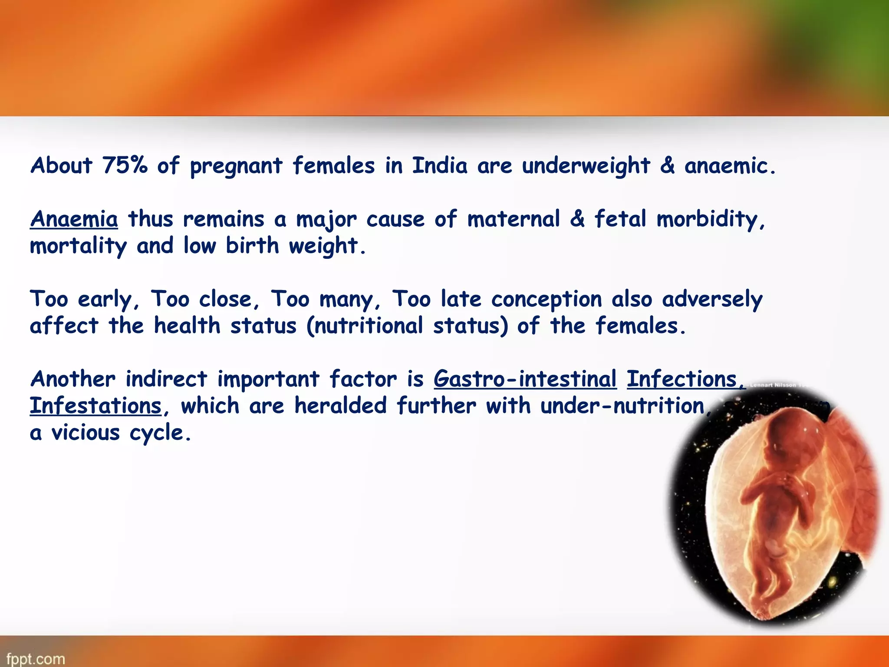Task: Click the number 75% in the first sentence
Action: [125, 165]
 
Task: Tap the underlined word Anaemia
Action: [74, 219]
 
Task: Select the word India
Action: [440, 165]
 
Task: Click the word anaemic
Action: [729, 165]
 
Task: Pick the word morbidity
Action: [710, 220]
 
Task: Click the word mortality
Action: [78, 246]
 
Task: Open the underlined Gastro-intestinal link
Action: [525, 379]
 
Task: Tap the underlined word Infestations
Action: [95, 406]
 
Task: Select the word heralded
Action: [340, 406]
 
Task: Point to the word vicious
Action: [86, 433]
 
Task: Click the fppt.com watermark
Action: [36, 659]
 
